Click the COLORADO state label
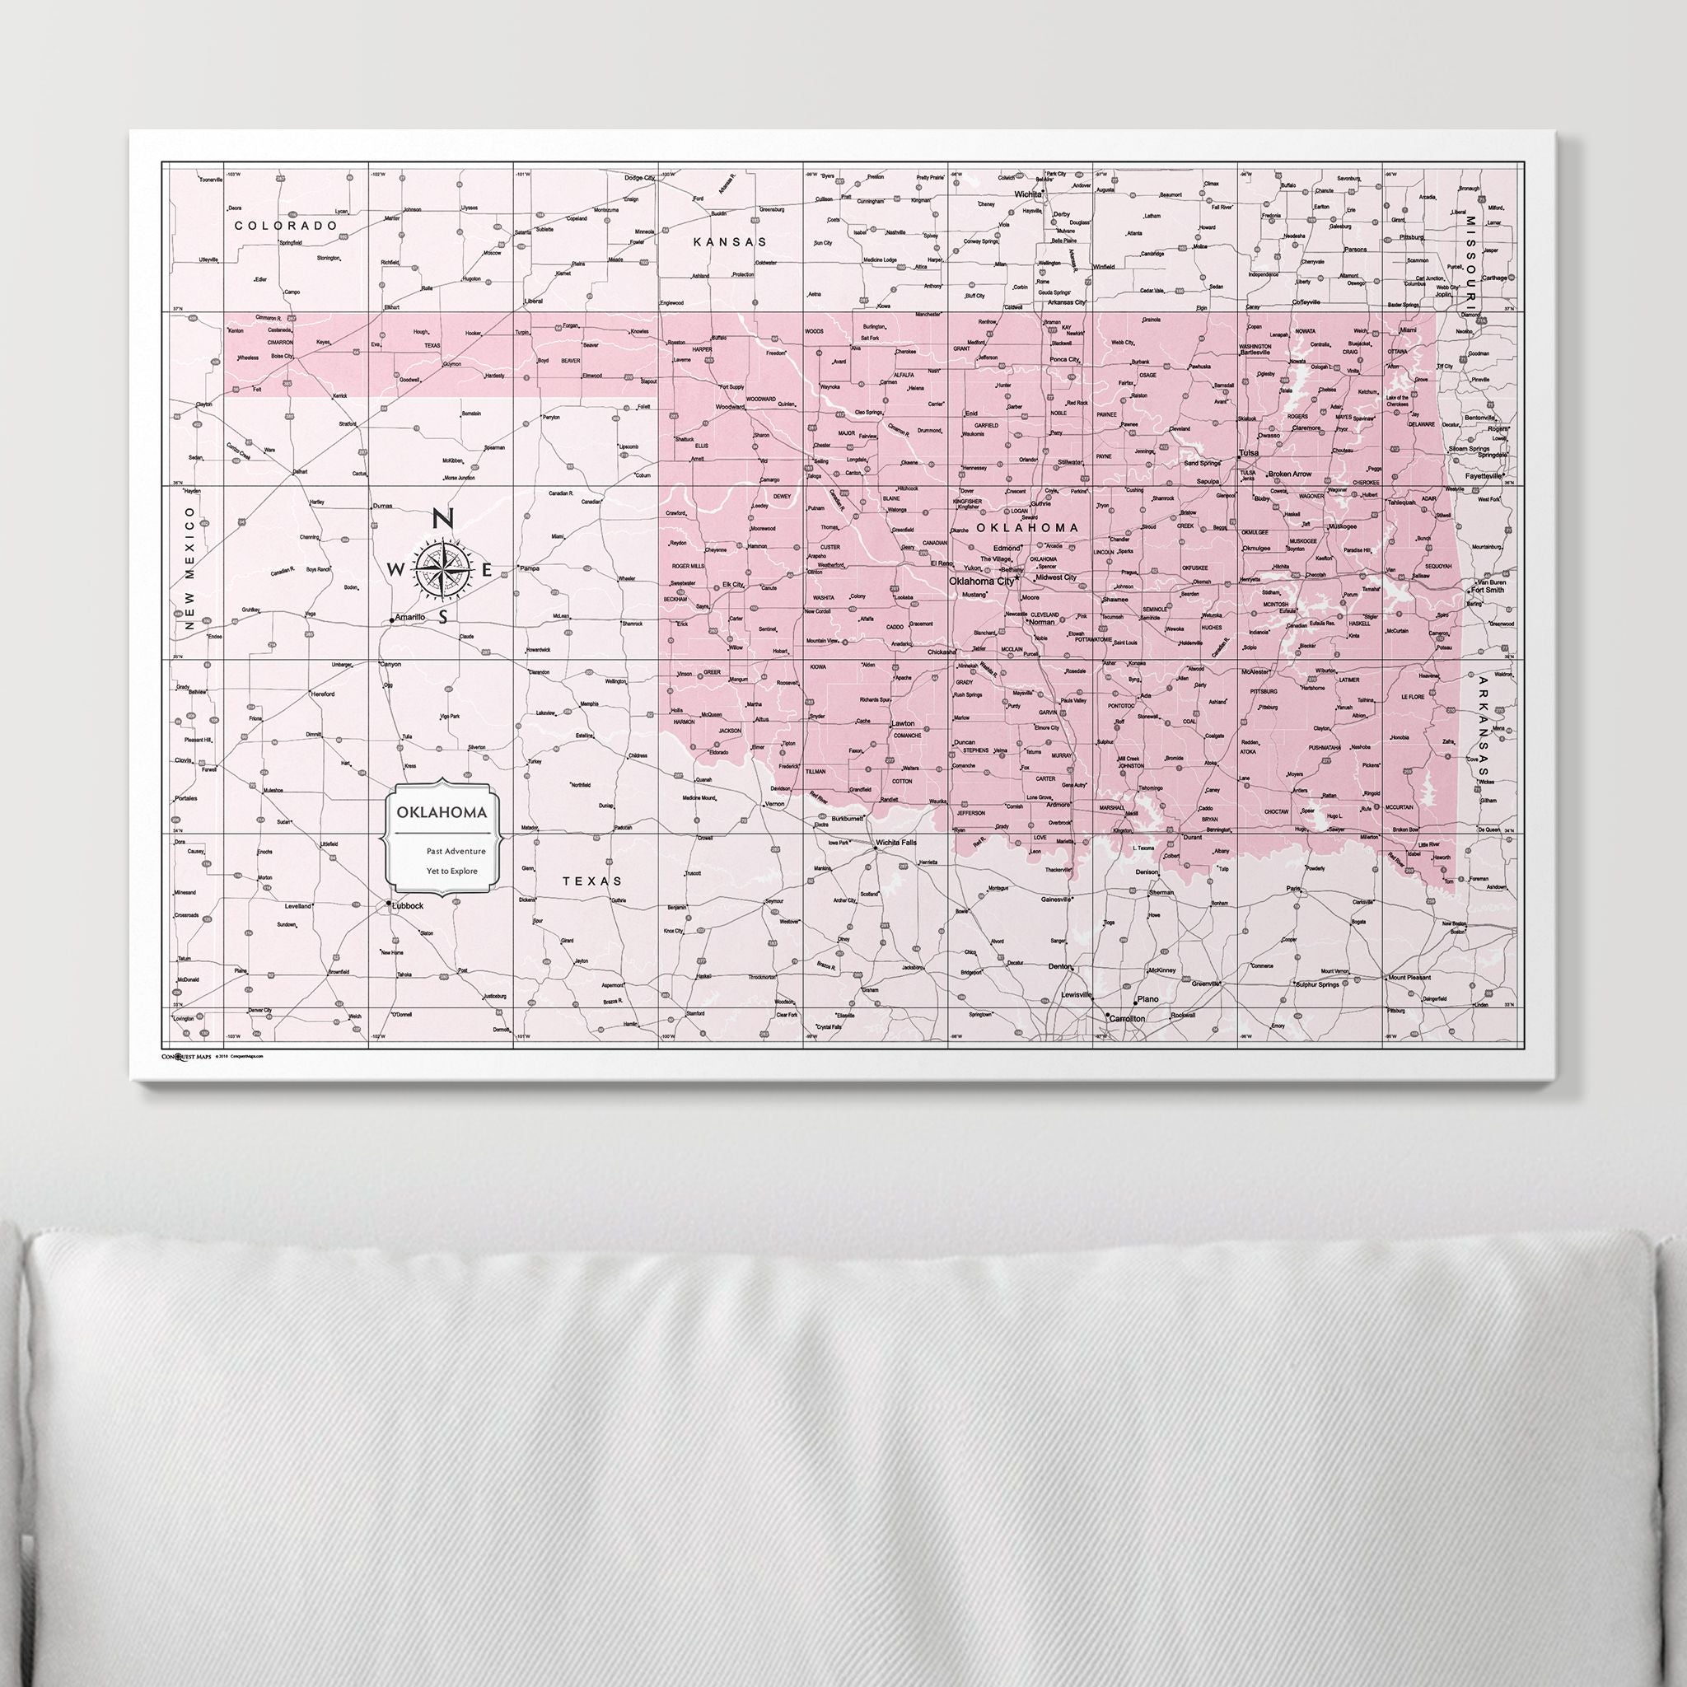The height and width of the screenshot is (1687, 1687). click(286, 225)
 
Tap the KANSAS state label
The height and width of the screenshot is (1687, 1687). click(730, 241)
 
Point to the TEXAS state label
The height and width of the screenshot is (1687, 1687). click(592, 881)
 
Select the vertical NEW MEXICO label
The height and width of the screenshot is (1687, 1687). click(188, 565)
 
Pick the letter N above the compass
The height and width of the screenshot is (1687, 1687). click(442, 519)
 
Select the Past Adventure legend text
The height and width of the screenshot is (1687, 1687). click(451, 849)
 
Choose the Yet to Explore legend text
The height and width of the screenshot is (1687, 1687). click(451, 871)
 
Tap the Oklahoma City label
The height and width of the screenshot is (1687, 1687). click(981, 581)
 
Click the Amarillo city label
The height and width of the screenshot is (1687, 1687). click(409, 616)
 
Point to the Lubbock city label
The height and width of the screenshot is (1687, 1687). click(408, 906)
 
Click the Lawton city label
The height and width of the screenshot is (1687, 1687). click(902, 724)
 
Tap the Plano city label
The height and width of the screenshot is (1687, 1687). click(1147, 999)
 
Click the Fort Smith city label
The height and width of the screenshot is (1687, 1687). click(1487, 590)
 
